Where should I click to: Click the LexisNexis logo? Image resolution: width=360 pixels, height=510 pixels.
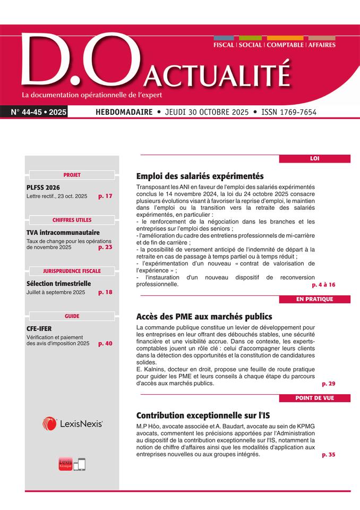(x=72, y=423)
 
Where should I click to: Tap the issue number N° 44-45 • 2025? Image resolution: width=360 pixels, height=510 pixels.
(x=38, y=113)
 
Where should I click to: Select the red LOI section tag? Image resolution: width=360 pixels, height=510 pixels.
(x=314, y=158)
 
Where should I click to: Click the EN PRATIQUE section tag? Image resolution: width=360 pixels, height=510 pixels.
(x=314, y=299)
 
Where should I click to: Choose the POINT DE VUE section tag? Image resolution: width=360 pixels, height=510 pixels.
(x=314, y=398)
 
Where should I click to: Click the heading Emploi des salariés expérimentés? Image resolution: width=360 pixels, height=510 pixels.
(x=200, y=176)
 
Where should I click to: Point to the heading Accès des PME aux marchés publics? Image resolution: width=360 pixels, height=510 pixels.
(x=204, y=316)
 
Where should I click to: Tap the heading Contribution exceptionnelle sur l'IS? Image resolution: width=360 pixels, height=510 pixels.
(x=199, y=415)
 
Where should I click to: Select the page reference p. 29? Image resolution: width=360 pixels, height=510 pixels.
(x=328, y=384)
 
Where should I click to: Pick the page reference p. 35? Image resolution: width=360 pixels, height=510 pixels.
(x=328, y=455)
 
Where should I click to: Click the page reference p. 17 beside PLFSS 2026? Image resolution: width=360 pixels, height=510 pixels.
(x=105, y=197)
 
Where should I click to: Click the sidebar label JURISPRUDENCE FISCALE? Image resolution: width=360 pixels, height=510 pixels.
(x=72, y=271)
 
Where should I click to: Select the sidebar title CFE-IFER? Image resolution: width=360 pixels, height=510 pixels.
(x=39, y=329)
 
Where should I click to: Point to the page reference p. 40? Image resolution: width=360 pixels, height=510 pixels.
(x=105, y=344)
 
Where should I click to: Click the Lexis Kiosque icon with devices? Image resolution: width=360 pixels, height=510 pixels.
(x=72, y=464)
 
